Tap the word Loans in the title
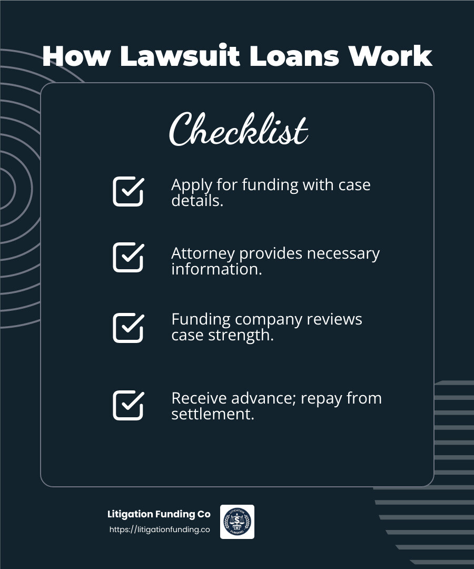coord(294,56)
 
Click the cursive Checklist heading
coord(238,130)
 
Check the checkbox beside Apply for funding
coord(128,191)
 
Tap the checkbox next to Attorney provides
coord(128,257)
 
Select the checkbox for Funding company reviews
coord(128,328)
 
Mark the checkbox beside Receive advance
coord(128,405)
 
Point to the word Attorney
coord(203,253)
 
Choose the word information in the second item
coord(216,269)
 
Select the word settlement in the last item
coord(213,414)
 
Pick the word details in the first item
coord(197,201)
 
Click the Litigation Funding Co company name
coord(159,514)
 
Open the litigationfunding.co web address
coord(160,529)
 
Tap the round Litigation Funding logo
coord(237,522)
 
